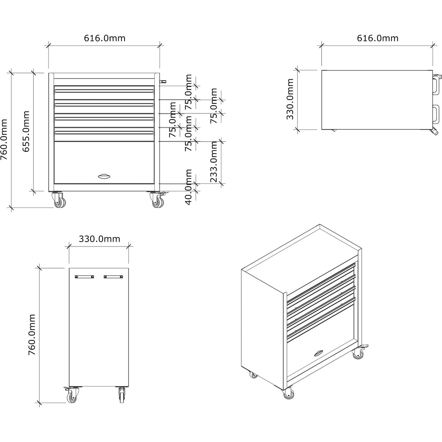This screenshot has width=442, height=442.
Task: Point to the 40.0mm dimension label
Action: pyautogui.click(x=189, y=187)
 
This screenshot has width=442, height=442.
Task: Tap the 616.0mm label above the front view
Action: pyautogui.click(x=104, y=38)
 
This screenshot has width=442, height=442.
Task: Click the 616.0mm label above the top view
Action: pyautogui.click(x=378, y=38)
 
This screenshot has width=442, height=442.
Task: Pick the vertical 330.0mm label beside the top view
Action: pyautogui.click(x=290, y=99)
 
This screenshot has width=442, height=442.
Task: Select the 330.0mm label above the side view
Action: pyautogui.click(x=99, y=239)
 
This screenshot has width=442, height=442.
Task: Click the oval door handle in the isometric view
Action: pyautogui.click(x=319, y=352)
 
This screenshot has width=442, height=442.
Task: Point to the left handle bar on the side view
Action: pyautogui.click(x=84, y=277)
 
